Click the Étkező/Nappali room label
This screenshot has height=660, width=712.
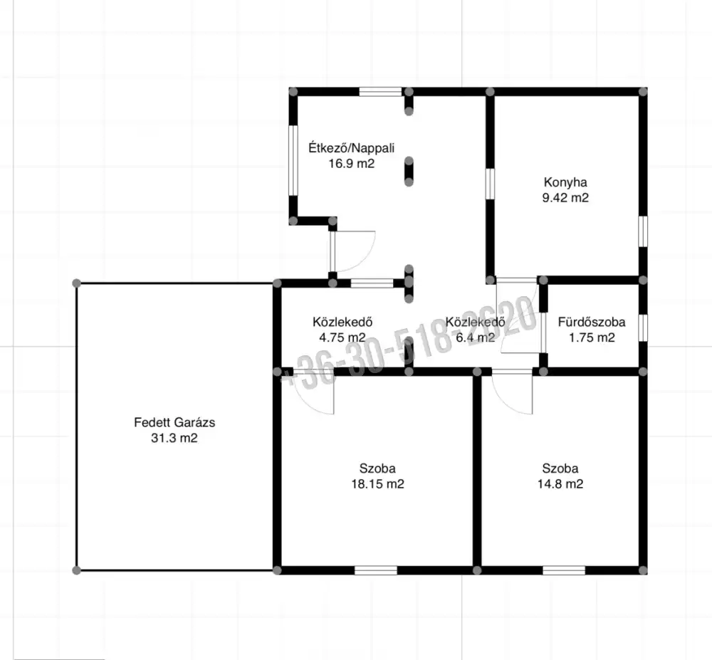(352, 148)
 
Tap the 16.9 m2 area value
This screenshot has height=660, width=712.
(352, 164)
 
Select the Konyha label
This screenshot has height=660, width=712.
(565, 182)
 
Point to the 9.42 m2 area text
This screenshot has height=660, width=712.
(565, 198)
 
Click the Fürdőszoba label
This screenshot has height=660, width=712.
(592, 322)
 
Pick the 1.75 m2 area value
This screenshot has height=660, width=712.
(592, 337)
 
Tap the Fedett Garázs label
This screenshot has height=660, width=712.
(174, 423)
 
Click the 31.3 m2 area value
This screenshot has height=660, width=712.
(174, 438)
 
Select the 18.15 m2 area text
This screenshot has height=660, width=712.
(377, 484)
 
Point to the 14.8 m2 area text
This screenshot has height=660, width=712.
(560, 484)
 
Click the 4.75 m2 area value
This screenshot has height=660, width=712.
(342, 337)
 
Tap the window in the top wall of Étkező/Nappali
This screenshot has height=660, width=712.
(380, 92)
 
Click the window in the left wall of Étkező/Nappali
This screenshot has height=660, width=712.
(293, 161)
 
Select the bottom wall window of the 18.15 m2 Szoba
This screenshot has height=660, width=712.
(375, 570)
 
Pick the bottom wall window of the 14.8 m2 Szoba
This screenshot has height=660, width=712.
(564, 570)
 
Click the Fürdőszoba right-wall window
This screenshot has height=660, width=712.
(643, 328)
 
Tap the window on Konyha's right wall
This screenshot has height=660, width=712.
(643, 231)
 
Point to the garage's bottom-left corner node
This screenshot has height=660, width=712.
(77, 570)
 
